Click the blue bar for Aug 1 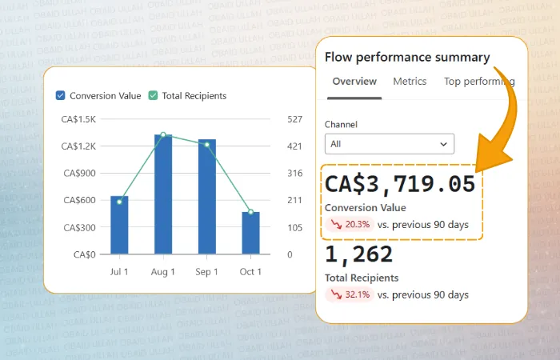tap(163, 194)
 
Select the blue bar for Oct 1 tap(250, 233)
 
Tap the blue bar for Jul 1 tap(119, 225)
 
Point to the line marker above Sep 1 tap(207, 145)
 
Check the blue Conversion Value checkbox tap(60, 96)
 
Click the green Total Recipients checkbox tap(153, 96)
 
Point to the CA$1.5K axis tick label tap(78, 119)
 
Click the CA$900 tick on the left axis tap(80, 174)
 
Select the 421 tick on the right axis tap(294, 146)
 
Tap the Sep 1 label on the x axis tap(206, 272)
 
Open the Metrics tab tap(410, 82)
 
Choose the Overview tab tap(354, 82)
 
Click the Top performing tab tap(479, 82)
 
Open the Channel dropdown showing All tap(390, 144)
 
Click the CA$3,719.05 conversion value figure tap(400, 184)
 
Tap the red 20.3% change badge tap(350, 225)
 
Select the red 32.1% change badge tap(350, 294)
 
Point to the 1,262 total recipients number tap(358, 254)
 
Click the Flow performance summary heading tap(407, 57)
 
